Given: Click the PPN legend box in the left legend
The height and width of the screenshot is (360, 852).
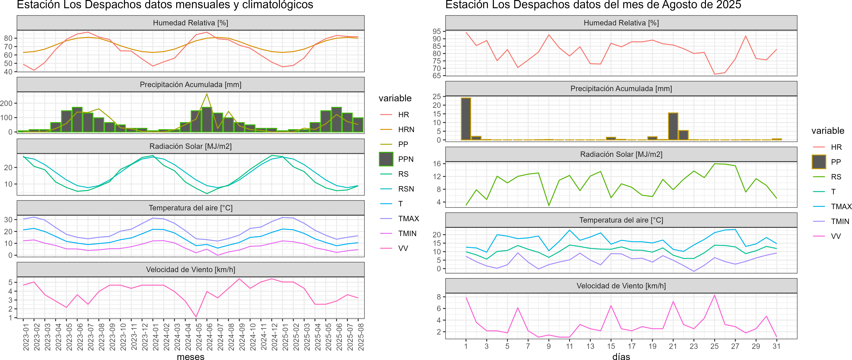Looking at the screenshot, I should point(386,159).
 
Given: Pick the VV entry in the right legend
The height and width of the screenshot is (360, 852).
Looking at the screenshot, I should point(836,236).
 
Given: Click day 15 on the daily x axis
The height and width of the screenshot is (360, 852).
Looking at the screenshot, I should point(611,346).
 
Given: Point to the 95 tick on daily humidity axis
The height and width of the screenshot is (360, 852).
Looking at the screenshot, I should point(437,31).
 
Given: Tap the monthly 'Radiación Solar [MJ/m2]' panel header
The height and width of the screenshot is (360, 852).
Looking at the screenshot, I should point(190,146).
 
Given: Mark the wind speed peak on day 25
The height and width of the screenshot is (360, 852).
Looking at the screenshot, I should point(714,295).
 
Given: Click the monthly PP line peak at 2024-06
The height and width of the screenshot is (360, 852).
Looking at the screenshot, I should point(207,94).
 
